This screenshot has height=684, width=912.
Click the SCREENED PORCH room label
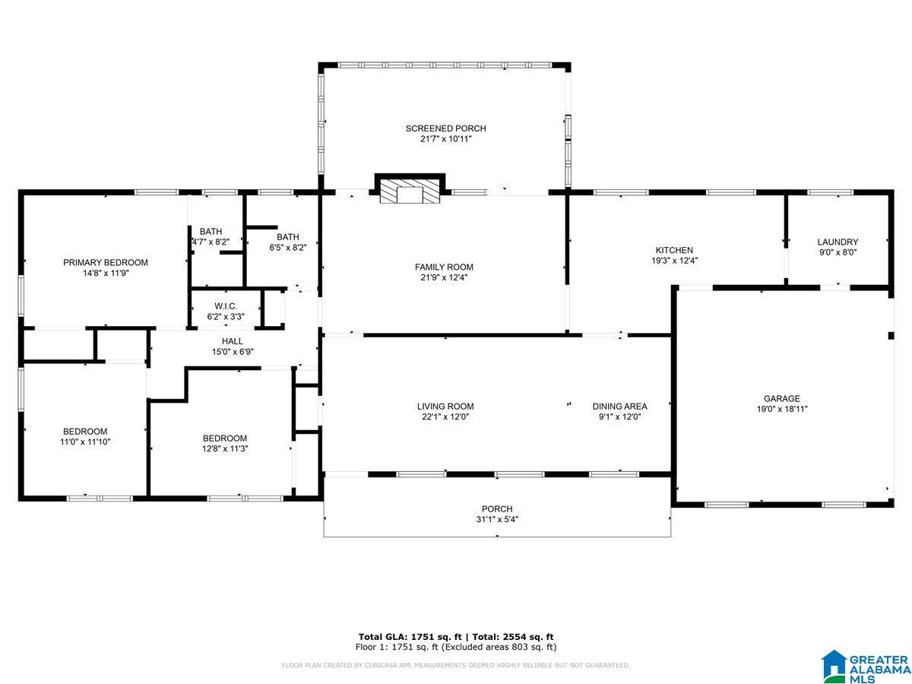pos(445,128)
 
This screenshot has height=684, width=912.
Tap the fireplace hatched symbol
pos(410,191)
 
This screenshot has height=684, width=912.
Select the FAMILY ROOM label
pos(444,267)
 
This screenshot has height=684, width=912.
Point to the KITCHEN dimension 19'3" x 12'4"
pos(674,261)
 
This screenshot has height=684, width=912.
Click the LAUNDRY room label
pos(838,242)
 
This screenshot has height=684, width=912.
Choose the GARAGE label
pos(781,398)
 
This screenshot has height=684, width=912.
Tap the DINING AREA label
pos(619,406)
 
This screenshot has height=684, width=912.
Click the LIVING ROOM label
pos(445,406)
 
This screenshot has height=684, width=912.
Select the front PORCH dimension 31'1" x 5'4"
pos(497,519)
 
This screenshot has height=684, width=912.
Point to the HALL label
pos(233,341)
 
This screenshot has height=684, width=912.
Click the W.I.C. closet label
pos(226,306)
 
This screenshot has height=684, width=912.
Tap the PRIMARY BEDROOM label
pos(106,262)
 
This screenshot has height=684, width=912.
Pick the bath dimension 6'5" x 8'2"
pos(288,248)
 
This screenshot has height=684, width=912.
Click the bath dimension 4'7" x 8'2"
pos(211,242)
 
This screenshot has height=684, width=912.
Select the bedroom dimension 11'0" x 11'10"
pos(85,442)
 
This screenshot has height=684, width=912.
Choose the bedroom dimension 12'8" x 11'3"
pos(225,448)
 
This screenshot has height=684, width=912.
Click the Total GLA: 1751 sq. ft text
pos(410,637)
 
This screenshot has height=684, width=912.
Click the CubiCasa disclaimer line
pos(456,665)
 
